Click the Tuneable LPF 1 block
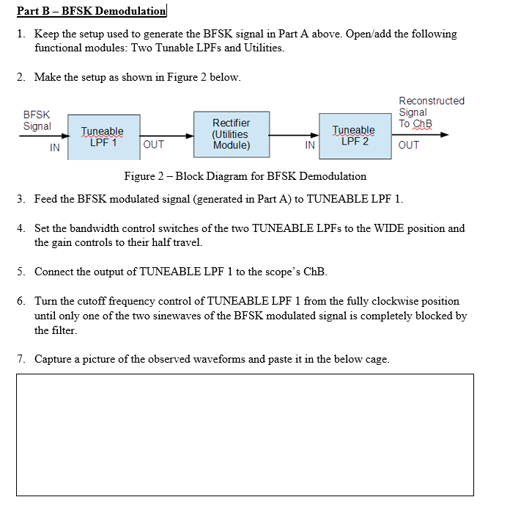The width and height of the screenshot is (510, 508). [102, 137]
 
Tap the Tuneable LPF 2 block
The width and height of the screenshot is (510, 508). [354, 136]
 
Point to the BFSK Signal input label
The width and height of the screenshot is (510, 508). [37, 120]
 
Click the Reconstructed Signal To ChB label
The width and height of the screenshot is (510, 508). [431, 112]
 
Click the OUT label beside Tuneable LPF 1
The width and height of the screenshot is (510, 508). [154, 145]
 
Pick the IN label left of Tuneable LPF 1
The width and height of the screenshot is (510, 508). [54, 148]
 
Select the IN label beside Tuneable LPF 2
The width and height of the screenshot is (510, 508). [310, 145]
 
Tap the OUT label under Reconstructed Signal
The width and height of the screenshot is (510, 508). [409, 145]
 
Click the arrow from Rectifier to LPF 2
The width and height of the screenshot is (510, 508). [293, 135]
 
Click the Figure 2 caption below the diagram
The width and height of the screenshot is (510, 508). [245, 176]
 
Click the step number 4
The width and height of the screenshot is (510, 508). [22, 228]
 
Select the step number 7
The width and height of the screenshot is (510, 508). [22, 359]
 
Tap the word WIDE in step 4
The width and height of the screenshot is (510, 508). [385, 228]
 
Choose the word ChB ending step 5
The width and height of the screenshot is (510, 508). [314, 272]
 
